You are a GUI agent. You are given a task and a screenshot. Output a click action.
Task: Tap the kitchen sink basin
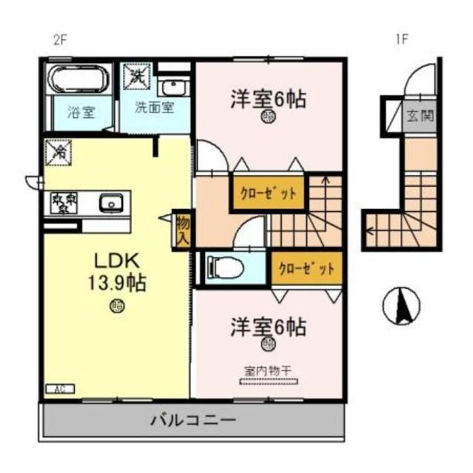point(111,203)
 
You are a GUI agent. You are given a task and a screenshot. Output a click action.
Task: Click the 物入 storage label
point(183,230)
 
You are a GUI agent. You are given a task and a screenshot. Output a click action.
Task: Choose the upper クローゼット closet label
point(267,193)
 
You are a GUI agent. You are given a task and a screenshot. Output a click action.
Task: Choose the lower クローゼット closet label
point(307,268)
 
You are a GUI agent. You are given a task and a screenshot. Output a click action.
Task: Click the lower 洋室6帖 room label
point(268,326)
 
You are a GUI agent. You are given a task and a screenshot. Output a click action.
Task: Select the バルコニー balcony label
point(192,420)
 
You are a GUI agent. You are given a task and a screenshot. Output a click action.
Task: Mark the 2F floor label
point(60,39)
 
